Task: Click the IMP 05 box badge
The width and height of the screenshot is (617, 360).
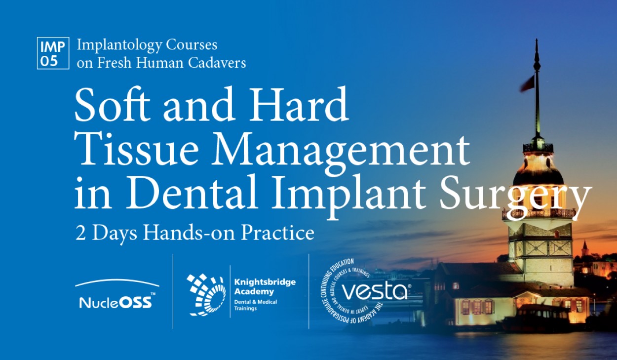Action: click(x=53, y=53)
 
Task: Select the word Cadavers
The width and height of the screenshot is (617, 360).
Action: click(x=217, y=63)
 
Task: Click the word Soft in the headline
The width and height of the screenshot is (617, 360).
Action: click(x=112, y=104)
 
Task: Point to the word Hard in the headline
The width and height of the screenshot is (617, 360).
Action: click(x=298, y=104)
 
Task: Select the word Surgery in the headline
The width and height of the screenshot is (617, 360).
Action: click(x=515, y=197)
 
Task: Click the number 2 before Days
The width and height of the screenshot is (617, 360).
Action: click(x=80, y=234)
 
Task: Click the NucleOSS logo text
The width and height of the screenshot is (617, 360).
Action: click(x=116, y=302)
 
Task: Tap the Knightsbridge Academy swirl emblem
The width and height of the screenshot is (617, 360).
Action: click(x=206, y=294)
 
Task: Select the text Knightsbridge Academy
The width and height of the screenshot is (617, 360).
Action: click(x=265, y=287)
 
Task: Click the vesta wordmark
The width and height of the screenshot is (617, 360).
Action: click(x=374, y=292)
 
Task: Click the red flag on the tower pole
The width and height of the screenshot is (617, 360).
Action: click(x=527, y=84)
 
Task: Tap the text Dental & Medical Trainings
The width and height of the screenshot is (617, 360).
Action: click(x=255, y=305)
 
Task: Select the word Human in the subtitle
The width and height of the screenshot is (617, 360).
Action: click(x=160, y=63)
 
